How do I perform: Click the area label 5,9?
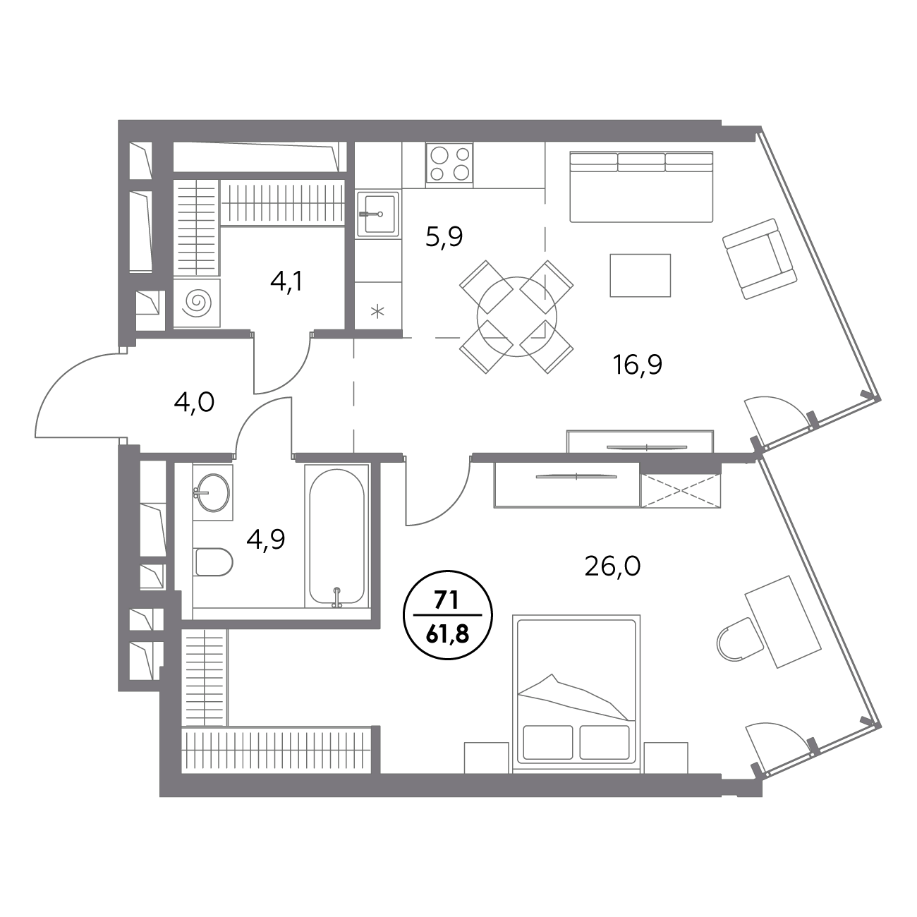tap(444, 238)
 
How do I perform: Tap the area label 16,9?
tap(638, 365)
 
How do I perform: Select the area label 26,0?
tap(612, 566)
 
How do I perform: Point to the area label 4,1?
tap(286, 282)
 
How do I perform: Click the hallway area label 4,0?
tap(194, 403)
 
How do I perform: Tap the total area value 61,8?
tap(447, 634)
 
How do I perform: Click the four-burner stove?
tap(449, 163)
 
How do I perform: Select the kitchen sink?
tap(378, 214)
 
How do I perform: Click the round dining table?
tap(517, 317)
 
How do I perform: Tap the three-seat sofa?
tap(641, 186)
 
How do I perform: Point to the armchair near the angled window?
tap(760, 259)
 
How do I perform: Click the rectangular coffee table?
tap(640, 275)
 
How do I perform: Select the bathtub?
tap(337, 536)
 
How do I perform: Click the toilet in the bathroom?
tap(213, 562)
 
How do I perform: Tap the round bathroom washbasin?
tap(212, 492)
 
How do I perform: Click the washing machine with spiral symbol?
tap(197, 303)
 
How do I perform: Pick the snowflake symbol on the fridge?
tap(377, 312)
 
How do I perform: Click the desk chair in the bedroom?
tap(738, 639)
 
